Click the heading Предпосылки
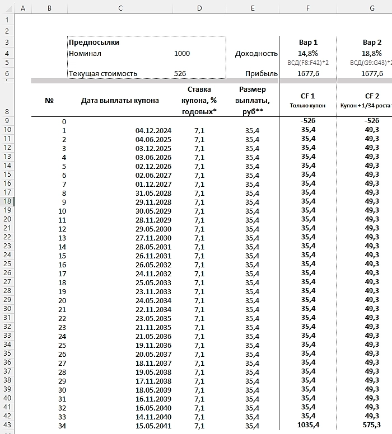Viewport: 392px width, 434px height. (94, 42)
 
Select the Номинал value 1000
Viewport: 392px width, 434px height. (182, 54)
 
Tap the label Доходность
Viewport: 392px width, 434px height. (256, 54)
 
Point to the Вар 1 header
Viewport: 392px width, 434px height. (308, 42)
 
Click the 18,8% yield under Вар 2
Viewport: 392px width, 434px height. (372, 54)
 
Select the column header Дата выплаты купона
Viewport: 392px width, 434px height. (120, 101)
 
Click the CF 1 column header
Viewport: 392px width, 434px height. (308, 96)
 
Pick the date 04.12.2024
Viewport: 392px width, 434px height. (153, 130)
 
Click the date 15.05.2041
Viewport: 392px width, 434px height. (153, 426)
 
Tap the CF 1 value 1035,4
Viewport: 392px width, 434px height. (308, 426)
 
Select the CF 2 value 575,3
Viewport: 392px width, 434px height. (372, 426)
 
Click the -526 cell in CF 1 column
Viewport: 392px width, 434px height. (308, 121)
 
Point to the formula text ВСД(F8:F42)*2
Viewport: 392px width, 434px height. (308, 63)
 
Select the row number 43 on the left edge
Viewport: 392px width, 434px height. (7, 426)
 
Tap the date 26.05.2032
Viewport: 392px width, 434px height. (153, 265)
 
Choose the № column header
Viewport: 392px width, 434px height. (49, 101)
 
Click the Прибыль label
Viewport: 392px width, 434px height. (262, 73)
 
